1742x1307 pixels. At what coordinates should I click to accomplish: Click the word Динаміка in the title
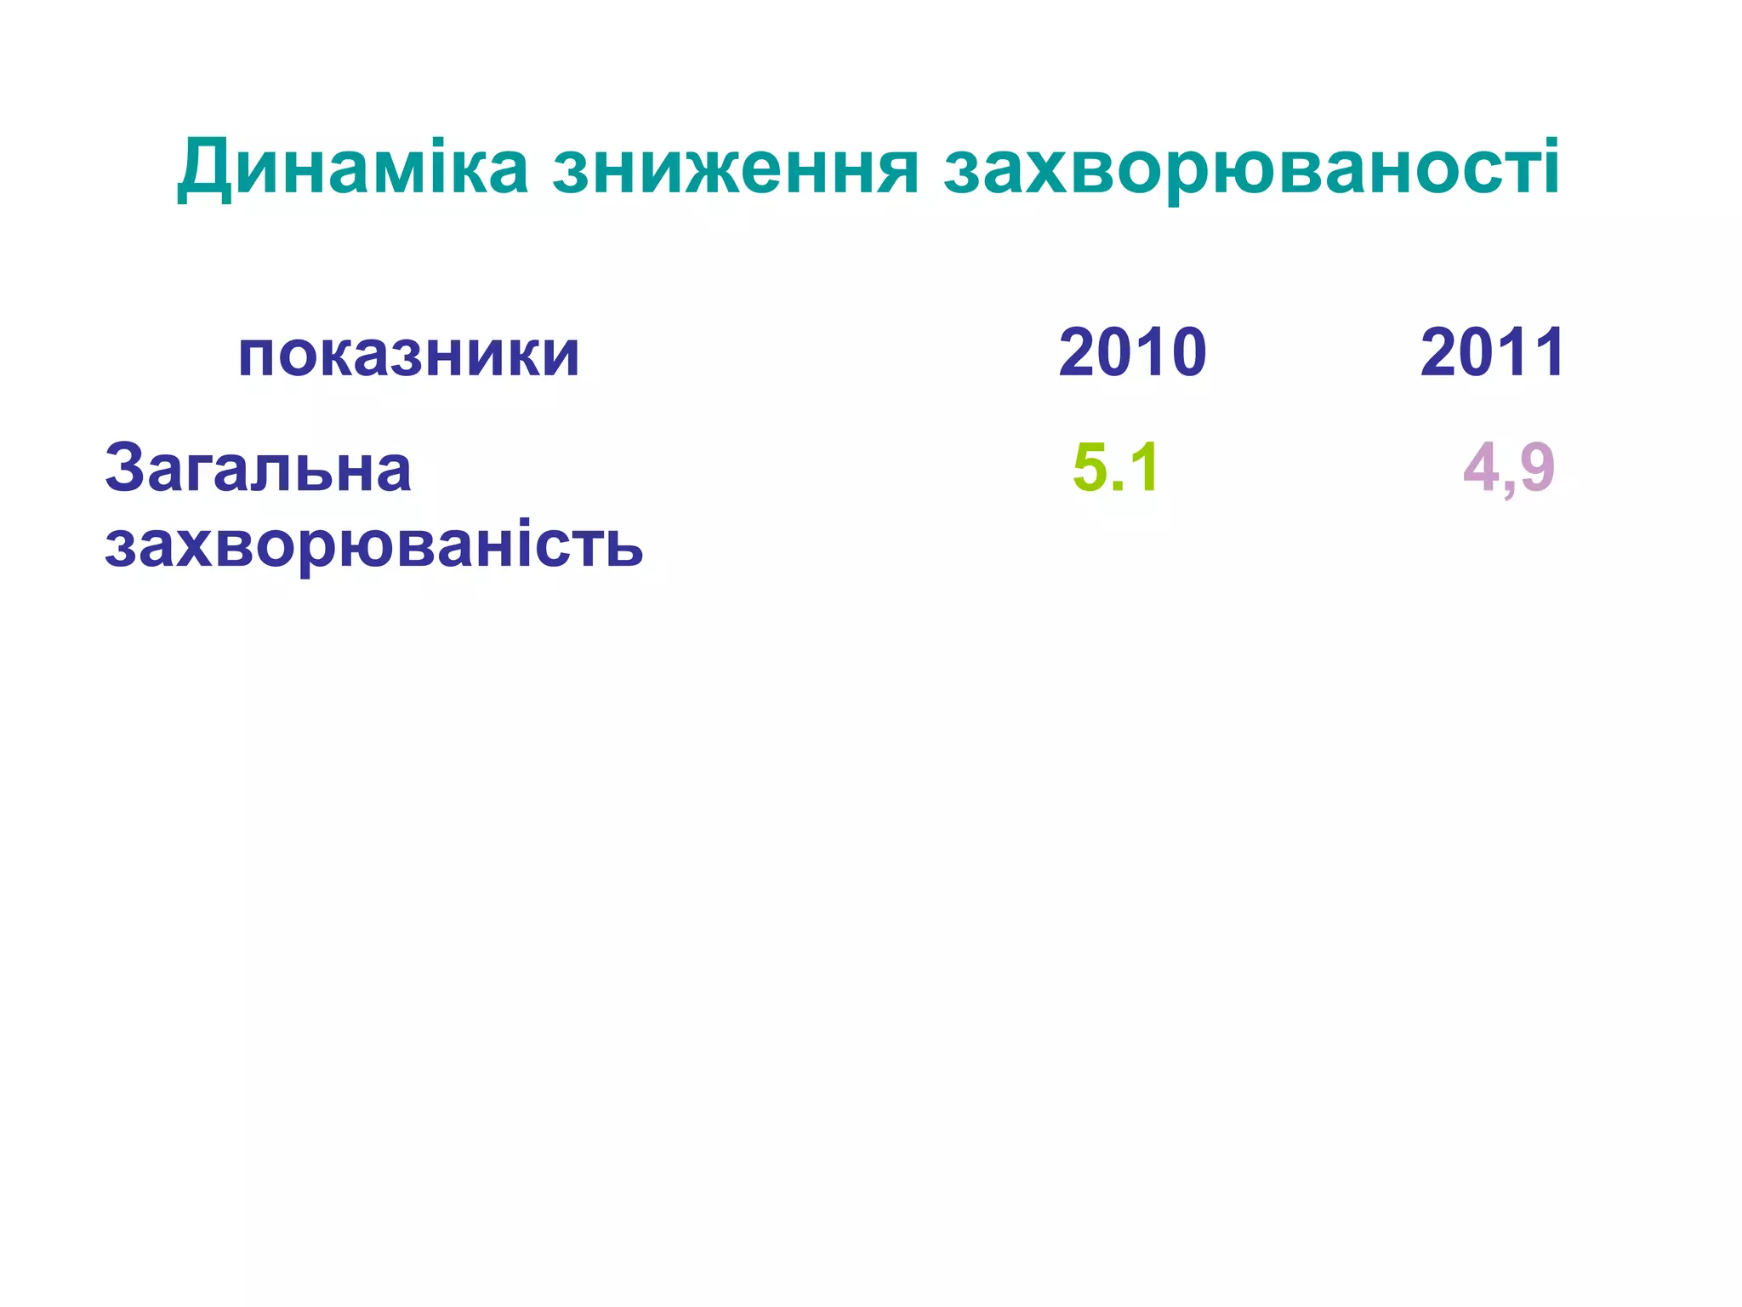point(353,167)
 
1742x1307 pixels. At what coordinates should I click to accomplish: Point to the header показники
point(408,354)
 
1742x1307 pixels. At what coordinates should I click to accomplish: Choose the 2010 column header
point(1132,352)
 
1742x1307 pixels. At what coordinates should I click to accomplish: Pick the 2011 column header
point(1492,352)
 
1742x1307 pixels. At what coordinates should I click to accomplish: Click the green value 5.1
point(1115,467)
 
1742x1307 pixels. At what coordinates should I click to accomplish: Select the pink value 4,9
point(1509,468)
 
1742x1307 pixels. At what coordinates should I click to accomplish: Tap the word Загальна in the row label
point(258,468)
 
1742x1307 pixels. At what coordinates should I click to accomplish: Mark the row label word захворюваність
point(373,545)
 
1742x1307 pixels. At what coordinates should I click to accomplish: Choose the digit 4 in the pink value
point(1481,468)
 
